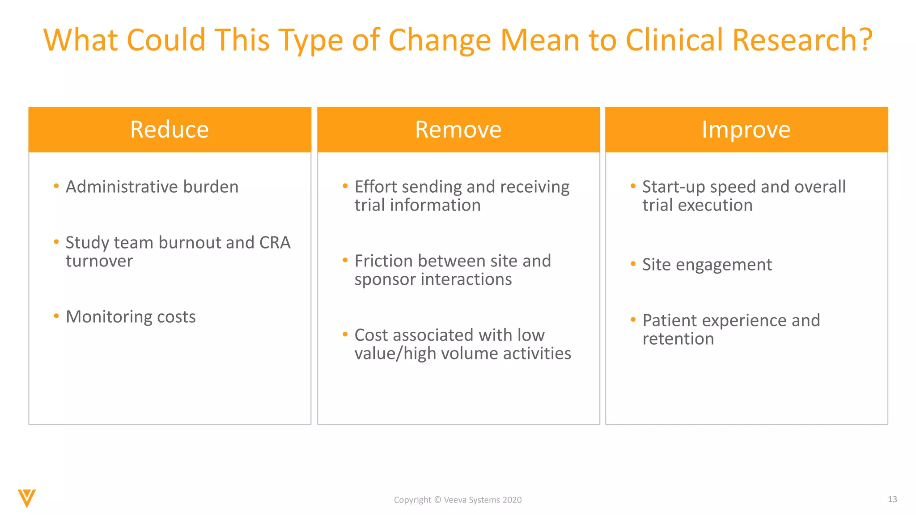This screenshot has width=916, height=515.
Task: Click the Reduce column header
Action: tap(170, 130)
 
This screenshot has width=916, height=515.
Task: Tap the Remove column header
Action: tap(458, 130)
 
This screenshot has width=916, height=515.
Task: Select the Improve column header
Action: tap(746, 130)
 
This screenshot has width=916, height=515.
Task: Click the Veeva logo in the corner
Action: tap(27, 498)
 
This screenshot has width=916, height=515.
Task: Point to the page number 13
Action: tap(892, 499)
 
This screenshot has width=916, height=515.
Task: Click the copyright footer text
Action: tap(458, 500)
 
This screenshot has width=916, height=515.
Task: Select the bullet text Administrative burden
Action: tap(152, 187)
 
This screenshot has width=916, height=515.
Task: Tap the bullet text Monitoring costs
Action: tap(131, 317)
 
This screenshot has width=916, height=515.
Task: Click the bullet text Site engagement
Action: tap(707, 265)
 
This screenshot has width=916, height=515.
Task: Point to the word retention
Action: tap(678, 339)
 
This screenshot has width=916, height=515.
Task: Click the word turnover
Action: tap(99, 261)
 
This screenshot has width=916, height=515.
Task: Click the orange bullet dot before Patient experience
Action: tap(633, 320)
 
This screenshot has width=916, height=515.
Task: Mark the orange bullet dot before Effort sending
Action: tap(345, 186)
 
